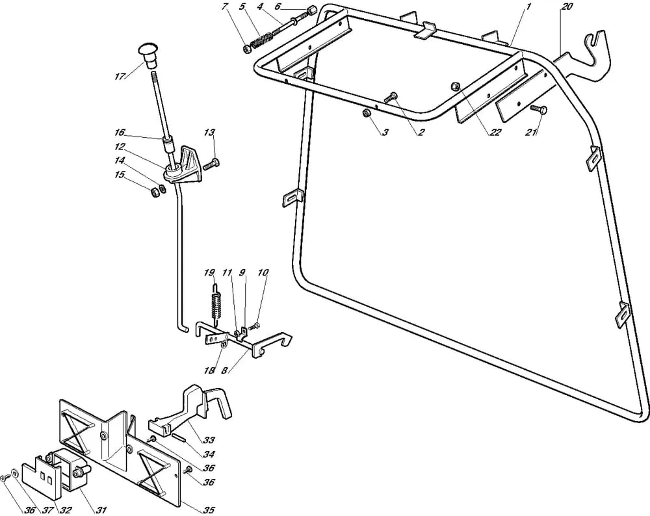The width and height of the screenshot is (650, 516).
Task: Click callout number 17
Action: [x=119, y=77]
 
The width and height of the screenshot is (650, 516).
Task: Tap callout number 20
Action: [x=566, y=6]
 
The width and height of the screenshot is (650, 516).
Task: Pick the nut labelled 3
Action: [x=367, y=114]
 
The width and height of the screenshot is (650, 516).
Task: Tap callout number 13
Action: [x=209, y=133]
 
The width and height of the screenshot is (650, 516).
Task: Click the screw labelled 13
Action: [x=211, y=164]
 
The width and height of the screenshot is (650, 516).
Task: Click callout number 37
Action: [x=47, y=510]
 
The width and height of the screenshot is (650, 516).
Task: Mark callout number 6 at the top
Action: [x=277, y=6]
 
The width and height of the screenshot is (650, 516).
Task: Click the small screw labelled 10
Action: [x=255, y=325]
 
